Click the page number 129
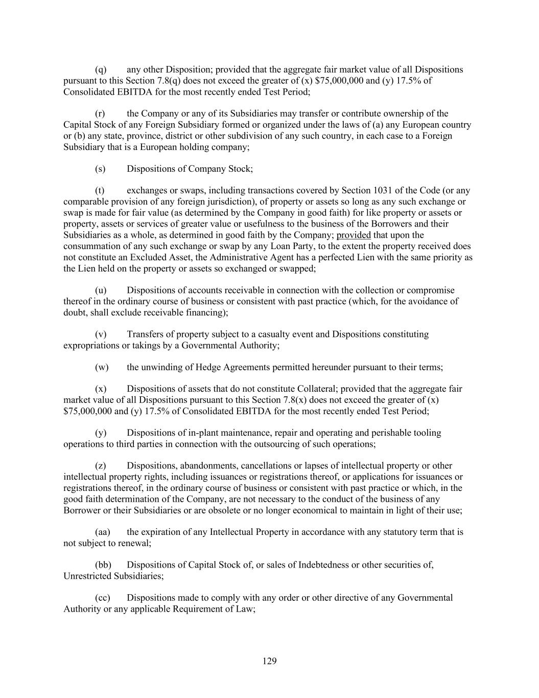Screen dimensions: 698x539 point(269,662)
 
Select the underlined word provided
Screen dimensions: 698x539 point(354,235)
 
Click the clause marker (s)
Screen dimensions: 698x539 point(100,169)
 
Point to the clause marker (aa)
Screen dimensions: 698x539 point(103,532)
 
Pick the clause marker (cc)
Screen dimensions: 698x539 point(103,597)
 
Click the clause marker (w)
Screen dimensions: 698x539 point(102,367)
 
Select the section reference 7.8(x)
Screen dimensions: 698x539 point(297,400)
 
